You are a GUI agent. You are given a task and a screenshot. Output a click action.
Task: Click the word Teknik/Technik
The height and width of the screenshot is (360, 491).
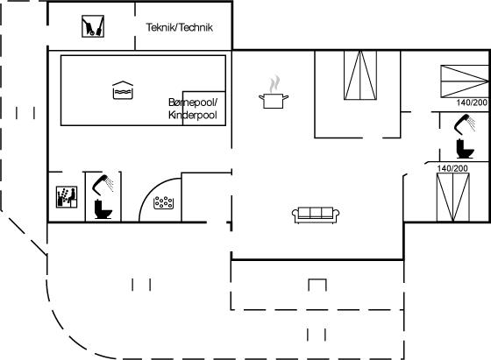[x=180, y=27]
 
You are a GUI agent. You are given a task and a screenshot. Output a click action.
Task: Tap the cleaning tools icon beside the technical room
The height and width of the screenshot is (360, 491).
[x=93, y=26]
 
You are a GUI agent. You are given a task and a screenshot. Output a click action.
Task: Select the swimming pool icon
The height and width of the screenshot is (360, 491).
[x=123, y=90]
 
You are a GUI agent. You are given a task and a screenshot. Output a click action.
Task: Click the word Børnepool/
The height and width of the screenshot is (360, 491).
[x=193, y=102]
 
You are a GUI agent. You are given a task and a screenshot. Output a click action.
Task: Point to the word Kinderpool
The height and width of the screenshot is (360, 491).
[x=193, y=115]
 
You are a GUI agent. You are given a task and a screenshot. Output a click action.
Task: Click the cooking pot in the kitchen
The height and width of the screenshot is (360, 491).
[x=274, y=101]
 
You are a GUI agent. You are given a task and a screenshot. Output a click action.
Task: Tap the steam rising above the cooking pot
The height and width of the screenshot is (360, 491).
[x=274, y=84]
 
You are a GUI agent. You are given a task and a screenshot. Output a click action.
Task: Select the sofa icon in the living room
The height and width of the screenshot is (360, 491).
[x=316, y=215]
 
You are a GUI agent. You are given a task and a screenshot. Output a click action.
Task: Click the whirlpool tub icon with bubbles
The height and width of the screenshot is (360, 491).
[x=163, y=202]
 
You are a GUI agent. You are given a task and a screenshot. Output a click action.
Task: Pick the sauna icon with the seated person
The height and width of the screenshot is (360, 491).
[x=67, y=197]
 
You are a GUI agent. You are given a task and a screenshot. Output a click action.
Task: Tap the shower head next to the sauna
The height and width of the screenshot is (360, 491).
[x=103, y=185]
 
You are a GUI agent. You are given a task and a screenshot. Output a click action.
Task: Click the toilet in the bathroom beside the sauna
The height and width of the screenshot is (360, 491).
[x=103, y=209]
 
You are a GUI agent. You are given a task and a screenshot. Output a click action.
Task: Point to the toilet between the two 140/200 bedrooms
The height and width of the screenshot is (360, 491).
[x=465, y=149]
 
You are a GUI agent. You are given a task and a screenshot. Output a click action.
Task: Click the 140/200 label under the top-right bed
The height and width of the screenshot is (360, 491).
[x=472, y=102]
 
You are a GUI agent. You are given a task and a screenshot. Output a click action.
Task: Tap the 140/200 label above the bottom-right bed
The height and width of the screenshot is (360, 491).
[x=452, y=168]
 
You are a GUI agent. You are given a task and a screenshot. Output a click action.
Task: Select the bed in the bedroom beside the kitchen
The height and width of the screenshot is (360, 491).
[x=360, y=75]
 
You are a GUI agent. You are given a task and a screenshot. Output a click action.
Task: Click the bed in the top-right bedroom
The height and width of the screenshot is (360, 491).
[x=465, y=81]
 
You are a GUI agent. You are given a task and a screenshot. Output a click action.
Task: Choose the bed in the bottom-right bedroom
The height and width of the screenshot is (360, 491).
[x=453, y=197]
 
